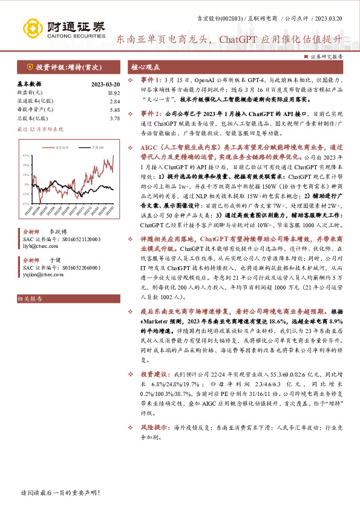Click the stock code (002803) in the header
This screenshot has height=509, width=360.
point(233,19)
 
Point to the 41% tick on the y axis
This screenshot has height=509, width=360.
point(25,155)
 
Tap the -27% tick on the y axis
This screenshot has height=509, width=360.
point(25,203)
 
